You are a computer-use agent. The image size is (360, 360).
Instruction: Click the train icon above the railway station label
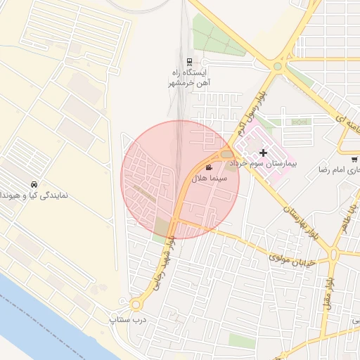coord(190,62)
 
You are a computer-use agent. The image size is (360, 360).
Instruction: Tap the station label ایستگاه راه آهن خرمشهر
coord(190,77)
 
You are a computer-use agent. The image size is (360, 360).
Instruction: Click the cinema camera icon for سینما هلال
coord(209,167)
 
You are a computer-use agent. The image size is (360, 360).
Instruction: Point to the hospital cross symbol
coord(263,153)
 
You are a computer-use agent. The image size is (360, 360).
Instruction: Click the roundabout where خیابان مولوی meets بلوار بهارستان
coord(335,253)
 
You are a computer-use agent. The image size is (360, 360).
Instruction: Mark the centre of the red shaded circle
coord(181,179)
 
